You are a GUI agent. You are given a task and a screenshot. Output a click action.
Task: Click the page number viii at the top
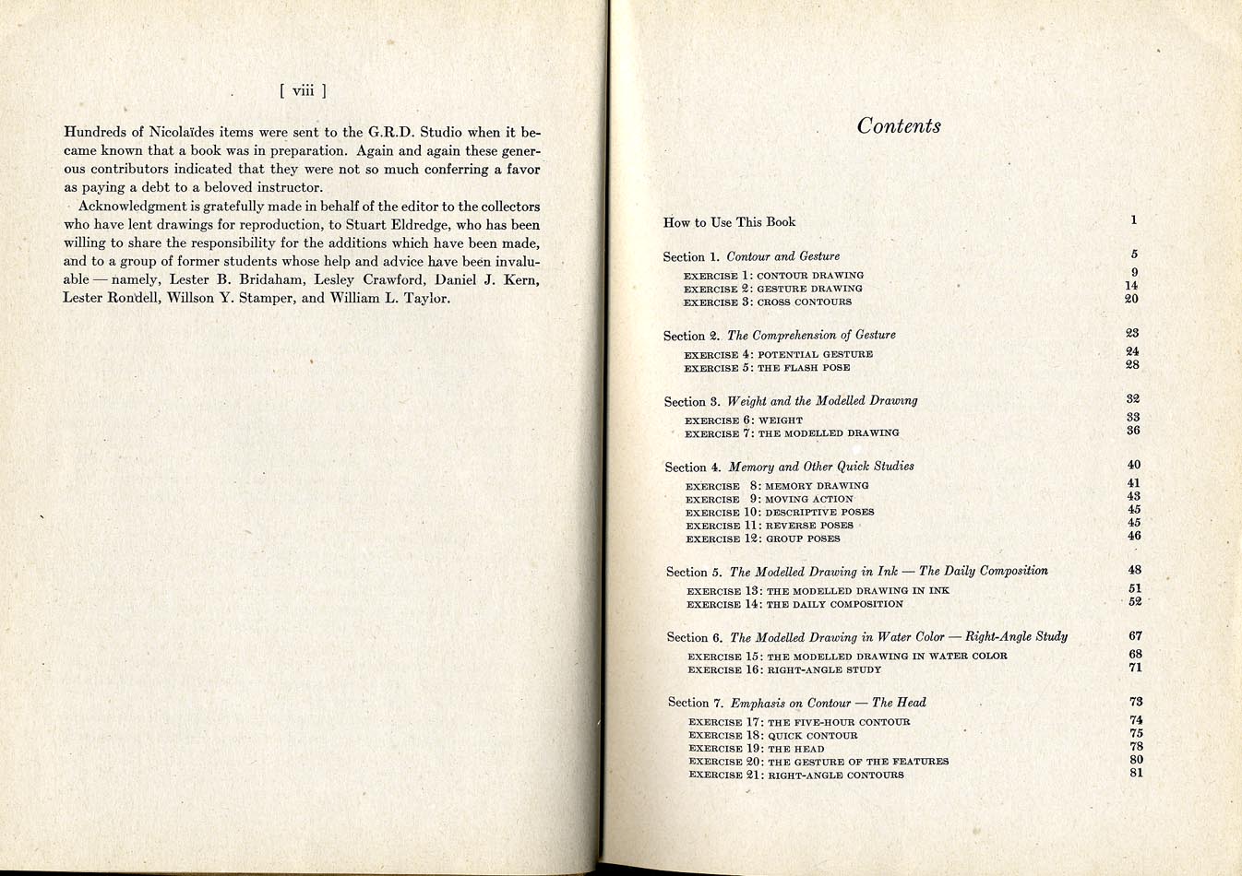point(303,90)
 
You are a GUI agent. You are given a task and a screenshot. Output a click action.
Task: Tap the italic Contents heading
point(899,126)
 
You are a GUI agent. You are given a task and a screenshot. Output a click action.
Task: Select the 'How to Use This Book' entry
point(729,222)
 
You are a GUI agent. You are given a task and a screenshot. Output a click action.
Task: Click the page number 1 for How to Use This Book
point(1133,220)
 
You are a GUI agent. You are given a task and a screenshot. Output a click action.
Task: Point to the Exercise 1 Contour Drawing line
point(773,276)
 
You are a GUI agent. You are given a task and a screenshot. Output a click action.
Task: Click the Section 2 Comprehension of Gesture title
point(779,336)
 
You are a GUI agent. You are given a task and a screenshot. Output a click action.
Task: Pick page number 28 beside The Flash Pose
point(1132,365)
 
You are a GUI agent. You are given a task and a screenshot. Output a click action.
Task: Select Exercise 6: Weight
point(744,420)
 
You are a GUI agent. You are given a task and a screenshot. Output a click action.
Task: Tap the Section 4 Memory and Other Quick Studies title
point(789,468)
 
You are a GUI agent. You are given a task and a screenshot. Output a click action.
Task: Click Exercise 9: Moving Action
point(770,500)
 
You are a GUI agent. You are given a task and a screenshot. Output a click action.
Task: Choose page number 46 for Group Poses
point(1134,536)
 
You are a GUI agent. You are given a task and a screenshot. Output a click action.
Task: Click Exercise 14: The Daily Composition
point(794,605)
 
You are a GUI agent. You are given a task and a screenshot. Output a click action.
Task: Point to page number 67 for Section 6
point(1135,636)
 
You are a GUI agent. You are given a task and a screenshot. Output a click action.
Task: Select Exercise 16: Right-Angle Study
point(784,670)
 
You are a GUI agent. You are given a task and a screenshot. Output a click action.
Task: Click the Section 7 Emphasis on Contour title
point(796,703)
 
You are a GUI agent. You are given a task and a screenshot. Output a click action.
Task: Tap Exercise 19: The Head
point(756,749)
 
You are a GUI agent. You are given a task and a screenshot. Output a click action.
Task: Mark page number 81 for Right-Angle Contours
point(1136,773)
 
